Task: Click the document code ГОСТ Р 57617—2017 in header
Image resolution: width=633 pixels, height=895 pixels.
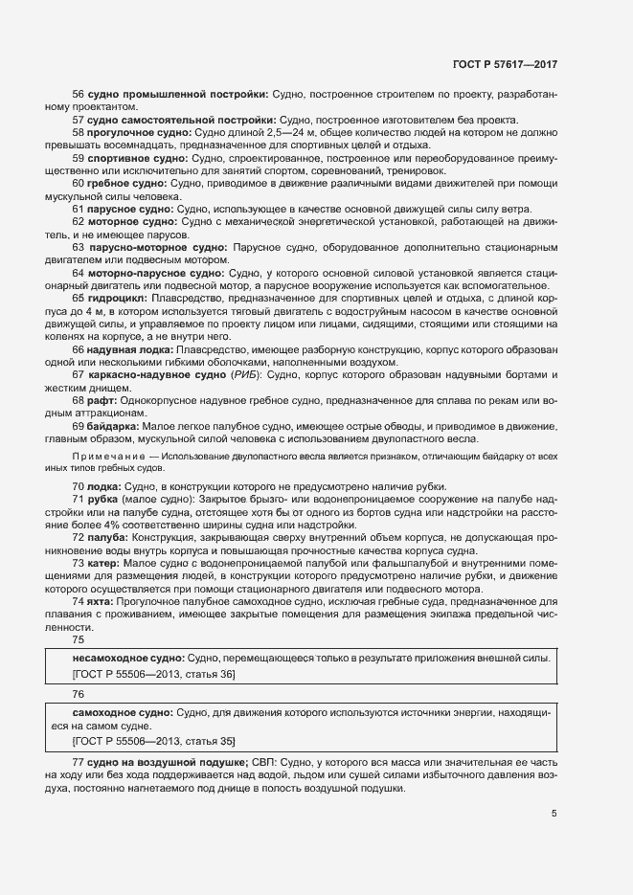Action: tap(505, 64)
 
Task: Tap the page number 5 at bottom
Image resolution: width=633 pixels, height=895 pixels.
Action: tap(553, 814)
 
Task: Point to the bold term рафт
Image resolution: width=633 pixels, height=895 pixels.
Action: tap(100, 400)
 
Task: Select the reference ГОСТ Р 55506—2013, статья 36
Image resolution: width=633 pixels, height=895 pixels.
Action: tap(153, 675)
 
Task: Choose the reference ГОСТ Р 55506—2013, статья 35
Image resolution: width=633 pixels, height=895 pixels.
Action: tap(153, 741)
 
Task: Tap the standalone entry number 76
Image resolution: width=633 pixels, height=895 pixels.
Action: tap(79, 694)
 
